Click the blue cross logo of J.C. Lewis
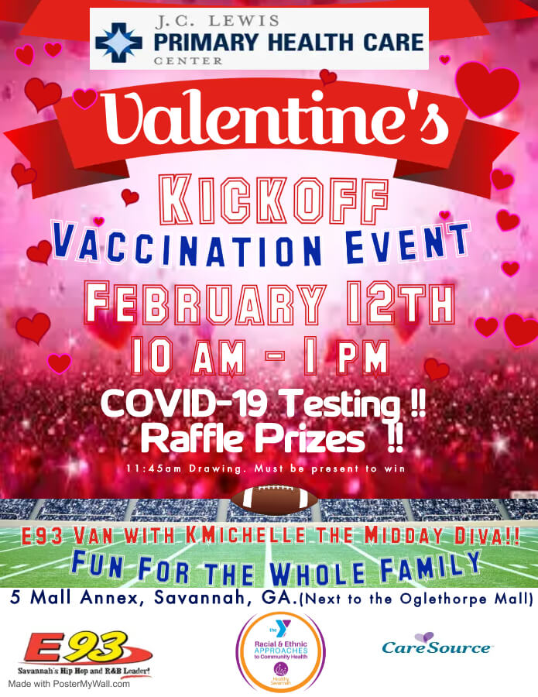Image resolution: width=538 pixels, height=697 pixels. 118,43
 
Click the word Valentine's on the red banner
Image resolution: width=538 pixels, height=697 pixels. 275,118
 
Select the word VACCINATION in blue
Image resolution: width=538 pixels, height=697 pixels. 187,247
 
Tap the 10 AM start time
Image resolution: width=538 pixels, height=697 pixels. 188,356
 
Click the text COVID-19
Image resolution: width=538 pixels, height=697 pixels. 183,403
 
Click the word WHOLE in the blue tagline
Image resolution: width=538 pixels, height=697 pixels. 318,573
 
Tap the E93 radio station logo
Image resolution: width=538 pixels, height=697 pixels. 84,654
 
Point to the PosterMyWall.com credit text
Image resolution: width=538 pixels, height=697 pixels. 69,684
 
